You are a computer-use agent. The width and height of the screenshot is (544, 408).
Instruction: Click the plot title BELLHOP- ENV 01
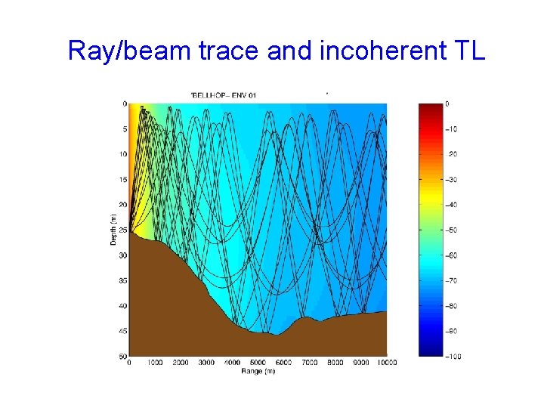click(224, 95)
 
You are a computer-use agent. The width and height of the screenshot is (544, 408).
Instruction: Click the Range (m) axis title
click(258, 371)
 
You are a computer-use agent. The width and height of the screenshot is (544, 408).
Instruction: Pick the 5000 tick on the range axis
click(258, 363)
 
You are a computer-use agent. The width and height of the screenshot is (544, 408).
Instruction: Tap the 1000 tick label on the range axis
click(155, 363)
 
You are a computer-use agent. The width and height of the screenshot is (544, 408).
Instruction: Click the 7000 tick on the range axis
click(309, 363)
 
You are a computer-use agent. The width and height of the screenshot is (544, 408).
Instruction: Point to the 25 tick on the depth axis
click(122, 230)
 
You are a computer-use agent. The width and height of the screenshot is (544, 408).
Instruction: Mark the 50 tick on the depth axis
click(122, 356)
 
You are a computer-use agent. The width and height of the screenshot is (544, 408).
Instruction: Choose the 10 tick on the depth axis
click(122, 154)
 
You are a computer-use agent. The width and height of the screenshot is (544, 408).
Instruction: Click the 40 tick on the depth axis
click(122, 305)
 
